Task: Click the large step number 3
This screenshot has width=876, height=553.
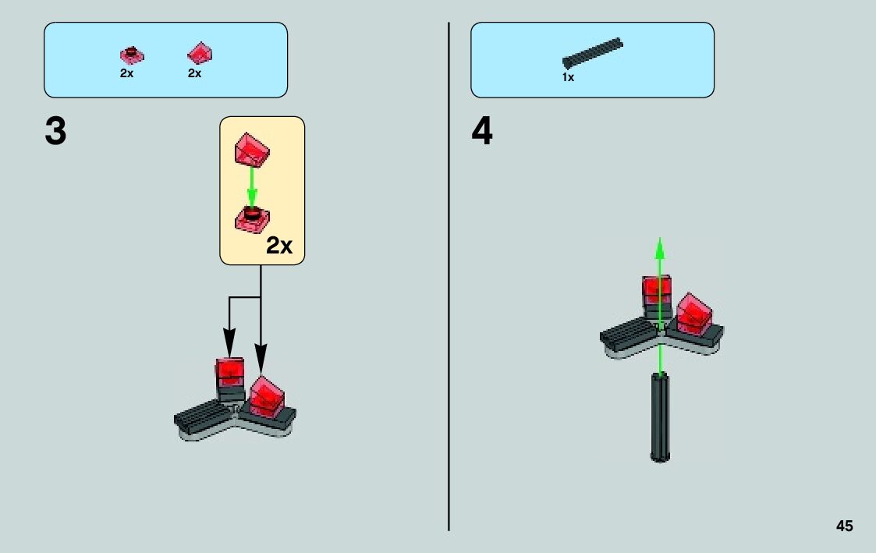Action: (55, 132)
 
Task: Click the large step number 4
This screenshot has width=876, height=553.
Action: (482, 132)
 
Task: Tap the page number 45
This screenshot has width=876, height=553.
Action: (844, 526)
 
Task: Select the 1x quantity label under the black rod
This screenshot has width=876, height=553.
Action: (568, 77)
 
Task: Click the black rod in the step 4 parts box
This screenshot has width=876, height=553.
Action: (593, 52)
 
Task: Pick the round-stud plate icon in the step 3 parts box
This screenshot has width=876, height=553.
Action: (132, 55)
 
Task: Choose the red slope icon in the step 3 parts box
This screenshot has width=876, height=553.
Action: (200, 54)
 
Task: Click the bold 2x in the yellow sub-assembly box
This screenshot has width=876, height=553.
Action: (278, 246)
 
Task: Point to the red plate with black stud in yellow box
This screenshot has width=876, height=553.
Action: (252, 218)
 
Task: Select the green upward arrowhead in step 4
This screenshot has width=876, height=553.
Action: (659, 248)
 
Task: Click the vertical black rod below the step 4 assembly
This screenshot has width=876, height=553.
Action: (660, 417)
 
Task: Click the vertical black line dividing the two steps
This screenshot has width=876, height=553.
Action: (449, 312)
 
